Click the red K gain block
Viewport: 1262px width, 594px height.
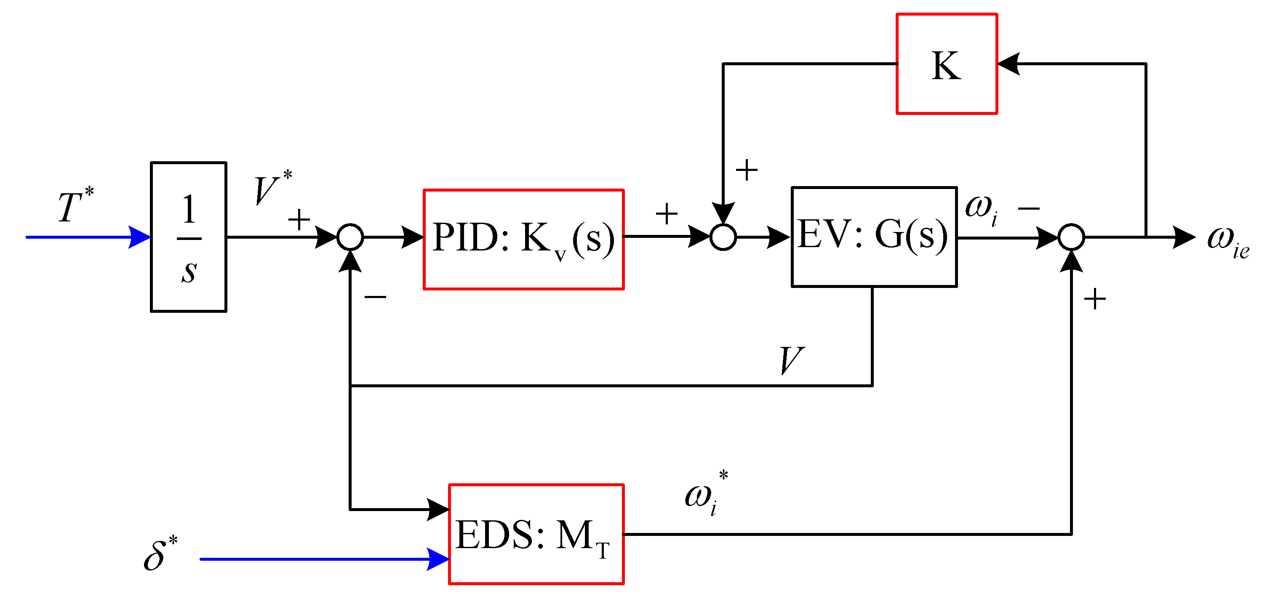coord(947,64)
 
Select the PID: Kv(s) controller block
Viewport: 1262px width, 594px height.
coord(523,240)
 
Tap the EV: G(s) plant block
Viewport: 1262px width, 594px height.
coord(873,237)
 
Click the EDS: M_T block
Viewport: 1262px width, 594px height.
coord(536,534)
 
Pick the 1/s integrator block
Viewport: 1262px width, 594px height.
coord(189,237)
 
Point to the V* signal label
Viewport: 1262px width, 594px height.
coord(272,188)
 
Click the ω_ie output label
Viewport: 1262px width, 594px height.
coord(1227,241)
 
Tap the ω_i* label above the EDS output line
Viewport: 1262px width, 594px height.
coord(705,495)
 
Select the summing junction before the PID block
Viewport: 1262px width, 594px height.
coord(350,237)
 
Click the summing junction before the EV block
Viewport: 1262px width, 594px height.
coord(723,237)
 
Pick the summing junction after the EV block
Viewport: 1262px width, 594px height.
coord(1071,237)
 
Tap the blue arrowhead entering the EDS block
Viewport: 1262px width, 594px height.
coord(438,559)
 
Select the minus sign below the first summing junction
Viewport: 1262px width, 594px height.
coord(375,297)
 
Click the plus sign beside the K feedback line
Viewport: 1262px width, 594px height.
coord(747,170)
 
